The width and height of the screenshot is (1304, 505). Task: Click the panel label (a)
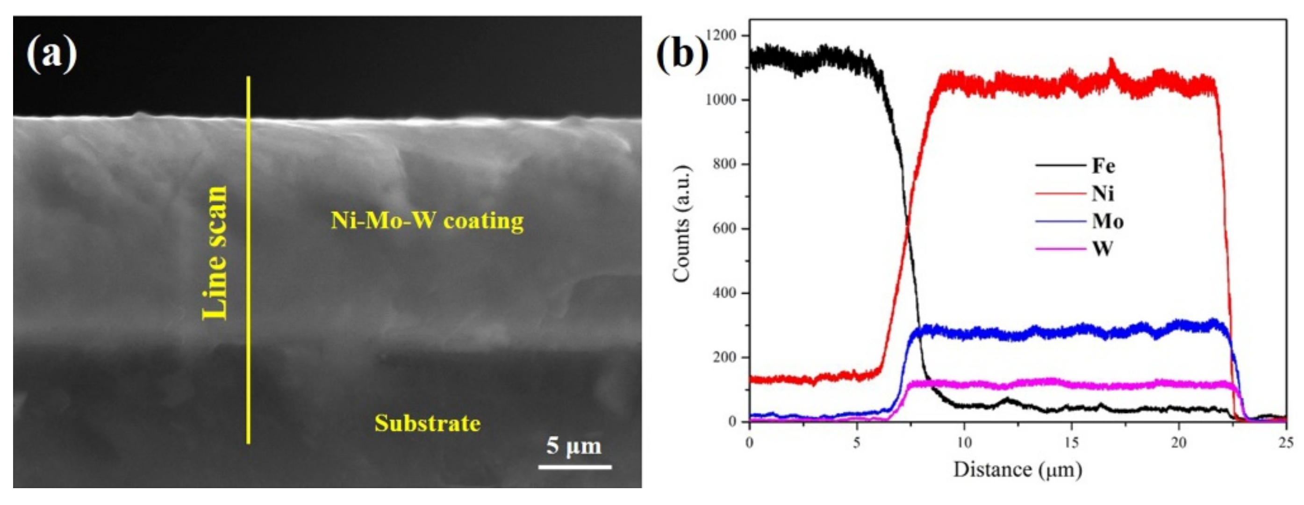[x=51, y=55]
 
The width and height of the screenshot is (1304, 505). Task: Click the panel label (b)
[x=682, y=52]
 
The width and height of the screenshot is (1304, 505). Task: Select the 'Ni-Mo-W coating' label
[x=427, y=221]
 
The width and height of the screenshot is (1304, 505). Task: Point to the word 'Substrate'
[x=427, y=424]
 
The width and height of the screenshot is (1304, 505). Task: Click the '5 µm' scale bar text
[x=573, y=446]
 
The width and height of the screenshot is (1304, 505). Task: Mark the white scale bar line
[x=574, y=467]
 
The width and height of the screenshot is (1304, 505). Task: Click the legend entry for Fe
[x=1103, y=166]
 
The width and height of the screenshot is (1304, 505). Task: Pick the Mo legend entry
[x=1108, y=221]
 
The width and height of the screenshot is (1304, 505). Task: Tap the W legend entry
[x=1102, y=249]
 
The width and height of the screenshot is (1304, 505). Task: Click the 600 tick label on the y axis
[x=724, y=229]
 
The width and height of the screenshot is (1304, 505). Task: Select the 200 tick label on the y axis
[x=724, y=357]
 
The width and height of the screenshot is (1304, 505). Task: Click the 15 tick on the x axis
[x=1071, y=442]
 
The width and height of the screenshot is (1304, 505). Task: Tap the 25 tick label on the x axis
[x=1286, y=442]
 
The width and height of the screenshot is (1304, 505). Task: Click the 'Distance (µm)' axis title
[x=1017, y=469]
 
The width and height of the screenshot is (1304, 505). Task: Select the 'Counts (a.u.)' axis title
[x=682, y=223]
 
